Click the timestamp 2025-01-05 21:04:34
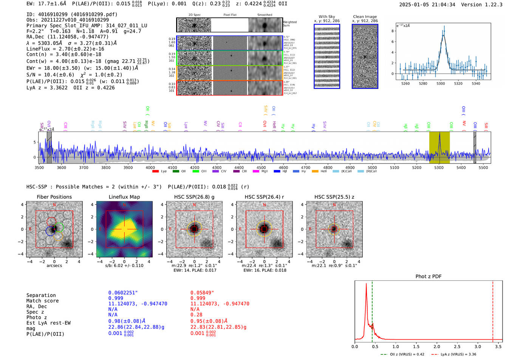point(427,5)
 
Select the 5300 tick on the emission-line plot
point(441,83)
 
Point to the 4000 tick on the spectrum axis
point(150,167)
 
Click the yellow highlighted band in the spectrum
point(439,147)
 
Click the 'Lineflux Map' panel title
point(124,197)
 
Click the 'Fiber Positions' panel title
point(54,197)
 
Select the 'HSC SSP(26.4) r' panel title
point(264,197)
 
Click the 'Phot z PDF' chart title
point(428,277)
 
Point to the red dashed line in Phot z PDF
point(493,310)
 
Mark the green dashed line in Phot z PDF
point(372,310)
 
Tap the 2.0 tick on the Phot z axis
point(437,346)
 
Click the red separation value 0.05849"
point(202,293)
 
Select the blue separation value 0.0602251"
point(123,293)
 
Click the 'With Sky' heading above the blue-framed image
point(326,17)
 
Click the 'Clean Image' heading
point(365,17)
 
